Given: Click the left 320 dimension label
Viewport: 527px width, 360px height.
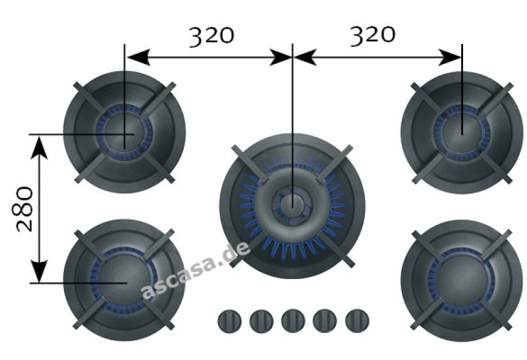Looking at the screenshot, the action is (211, 36).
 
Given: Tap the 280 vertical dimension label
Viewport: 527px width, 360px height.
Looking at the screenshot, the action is (24, 209).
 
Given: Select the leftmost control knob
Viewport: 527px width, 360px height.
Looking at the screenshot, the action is (229, 321).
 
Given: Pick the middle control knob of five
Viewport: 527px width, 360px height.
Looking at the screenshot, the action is (293, 321).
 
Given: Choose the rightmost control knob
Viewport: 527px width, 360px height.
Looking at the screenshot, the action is (357, 321).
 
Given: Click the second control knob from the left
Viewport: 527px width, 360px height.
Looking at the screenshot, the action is (262, 321).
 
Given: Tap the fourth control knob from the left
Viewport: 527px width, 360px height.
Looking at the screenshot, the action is (325, 321).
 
